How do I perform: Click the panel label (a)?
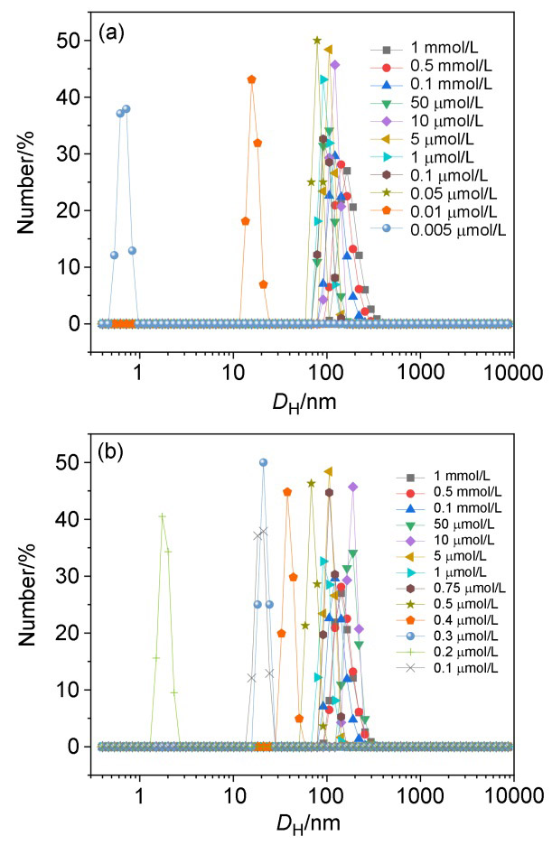coord(111,37)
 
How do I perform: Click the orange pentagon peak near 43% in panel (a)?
coord(252,79)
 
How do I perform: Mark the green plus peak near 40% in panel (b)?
coord(162,516)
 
